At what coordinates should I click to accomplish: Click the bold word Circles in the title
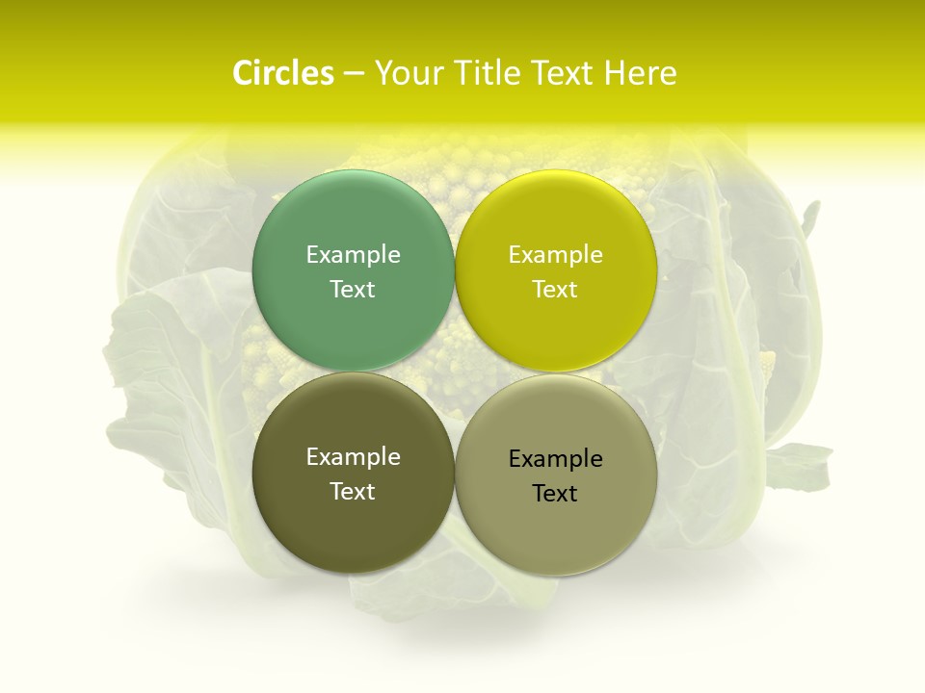tap(282, 73)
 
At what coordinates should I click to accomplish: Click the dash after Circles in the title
tap(354, 74)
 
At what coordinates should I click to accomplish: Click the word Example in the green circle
tap(353, 254)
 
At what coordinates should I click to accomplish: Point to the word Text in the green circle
tap(353, 289)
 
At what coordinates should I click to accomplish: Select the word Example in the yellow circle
tap(555, 254)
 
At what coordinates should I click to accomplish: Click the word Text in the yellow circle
tap(555, 289)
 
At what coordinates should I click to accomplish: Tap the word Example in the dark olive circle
tap(353, 456)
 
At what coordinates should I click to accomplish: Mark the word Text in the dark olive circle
tap(353, 491)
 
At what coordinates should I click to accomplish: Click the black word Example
tap(555, 458)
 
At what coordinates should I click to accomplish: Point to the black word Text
tap(555, 493)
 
